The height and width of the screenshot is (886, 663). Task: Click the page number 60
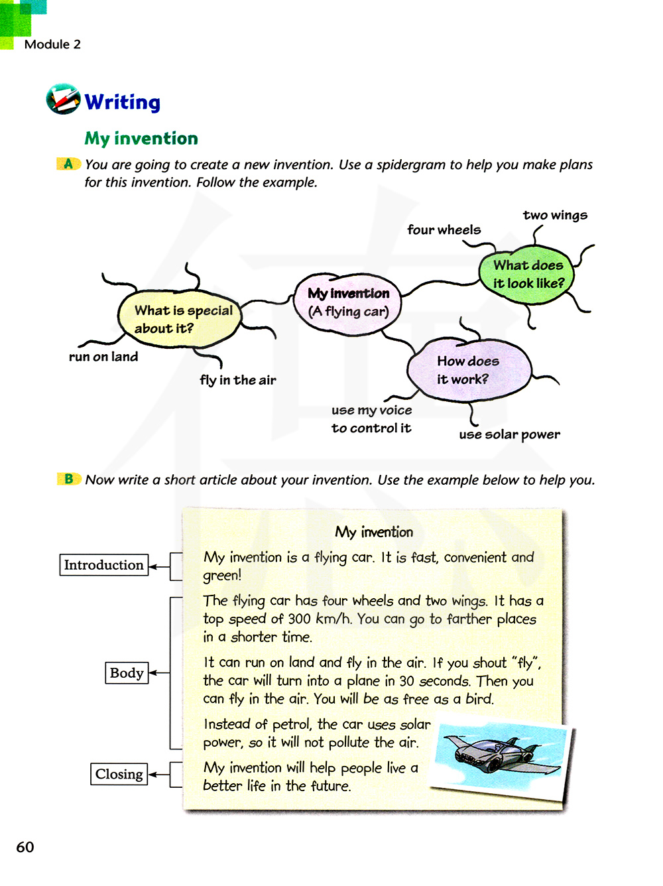tap(25, 847)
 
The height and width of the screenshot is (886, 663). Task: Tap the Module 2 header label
tap(52, 44)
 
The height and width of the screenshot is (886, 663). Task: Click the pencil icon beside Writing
tap(63, 99)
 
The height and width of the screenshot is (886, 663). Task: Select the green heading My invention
tap(141, 138)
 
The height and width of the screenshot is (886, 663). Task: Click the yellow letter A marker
tap(68, 164)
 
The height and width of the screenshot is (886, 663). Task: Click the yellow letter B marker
tap(68, 479)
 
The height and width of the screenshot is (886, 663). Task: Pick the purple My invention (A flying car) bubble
tap(349, 303)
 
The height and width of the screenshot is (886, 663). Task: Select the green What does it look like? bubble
tap(528, 274)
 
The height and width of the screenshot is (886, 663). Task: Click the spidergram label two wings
tap(555, 215)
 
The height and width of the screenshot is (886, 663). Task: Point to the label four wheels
tap(444, 229)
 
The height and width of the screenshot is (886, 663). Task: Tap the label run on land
tap(103, 357)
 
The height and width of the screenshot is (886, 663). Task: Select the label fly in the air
tap(238, 380)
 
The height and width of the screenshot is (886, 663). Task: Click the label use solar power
tap(509, 434)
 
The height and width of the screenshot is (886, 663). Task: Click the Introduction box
tap(103, 565)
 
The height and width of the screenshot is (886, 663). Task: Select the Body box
tap(127, 672)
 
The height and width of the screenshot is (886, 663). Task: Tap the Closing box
tap(119, 774)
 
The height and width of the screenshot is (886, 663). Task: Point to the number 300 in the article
tap(300, 619)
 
